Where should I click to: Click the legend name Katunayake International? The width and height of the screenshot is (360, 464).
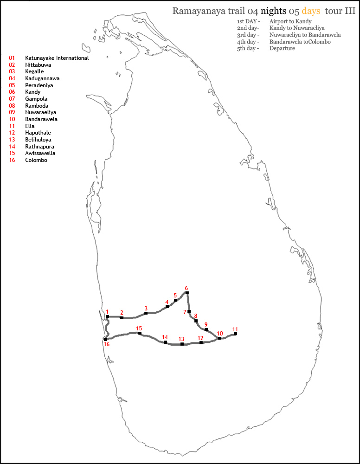tap(57, 58)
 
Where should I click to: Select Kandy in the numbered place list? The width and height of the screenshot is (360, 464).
tap(32, 92)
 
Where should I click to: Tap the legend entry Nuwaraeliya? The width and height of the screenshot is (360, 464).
tap(40, 112)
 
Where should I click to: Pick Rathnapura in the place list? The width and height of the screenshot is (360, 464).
tap(39, 147)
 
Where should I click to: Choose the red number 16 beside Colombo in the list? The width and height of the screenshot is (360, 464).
tap(12, 160)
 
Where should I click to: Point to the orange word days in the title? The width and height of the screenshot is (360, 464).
tap(311, 11)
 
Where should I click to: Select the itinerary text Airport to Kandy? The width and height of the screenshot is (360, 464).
tap(290, 21)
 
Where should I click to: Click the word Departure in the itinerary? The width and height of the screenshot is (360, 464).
tap(282, 48)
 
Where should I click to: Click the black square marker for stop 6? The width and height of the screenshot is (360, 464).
tap(187, 293)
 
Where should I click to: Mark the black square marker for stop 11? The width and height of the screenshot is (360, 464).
tap(236, 334)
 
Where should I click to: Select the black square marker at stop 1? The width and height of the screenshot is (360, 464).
tap(107, 316)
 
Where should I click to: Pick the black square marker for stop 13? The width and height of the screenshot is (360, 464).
tap(182, 344)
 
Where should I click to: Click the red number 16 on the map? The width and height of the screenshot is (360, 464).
tap(107, 344)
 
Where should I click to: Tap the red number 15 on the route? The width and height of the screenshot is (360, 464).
tap(139, 328)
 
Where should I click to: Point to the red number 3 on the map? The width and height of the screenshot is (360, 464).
tap(146, 308)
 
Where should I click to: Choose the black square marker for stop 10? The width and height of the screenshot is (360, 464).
tap(219, 338)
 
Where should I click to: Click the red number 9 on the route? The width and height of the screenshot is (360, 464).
tap(206, 324)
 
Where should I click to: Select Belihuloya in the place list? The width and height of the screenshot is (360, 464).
tap(38, 140)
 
